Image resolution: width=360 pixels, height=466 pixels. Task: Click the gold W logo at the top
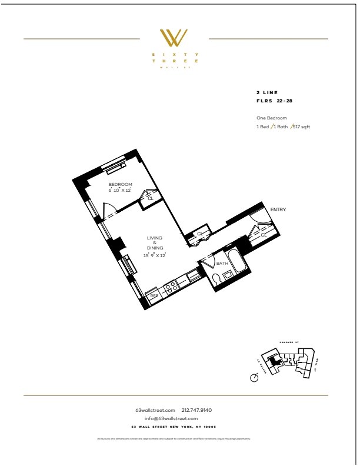175,38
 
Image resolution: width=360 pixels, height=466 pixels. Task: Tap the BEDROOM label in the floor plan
120,185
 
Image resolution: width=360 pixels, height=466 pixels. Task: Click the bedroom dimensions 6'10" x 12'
120,191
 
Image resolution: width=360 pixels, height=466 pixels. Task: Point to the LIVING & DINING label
155,242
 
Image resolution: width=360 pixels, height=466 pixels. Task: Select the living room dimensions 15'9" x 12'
155,255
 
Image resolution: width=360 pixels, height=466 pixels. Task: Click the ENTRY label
277,209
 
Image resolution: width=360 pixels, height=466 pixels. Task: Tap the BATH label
222,264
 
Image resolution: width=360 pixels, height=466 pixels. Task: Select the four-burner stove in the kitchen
171,288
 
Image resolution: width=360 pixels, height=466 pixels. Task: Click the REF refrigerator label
154,296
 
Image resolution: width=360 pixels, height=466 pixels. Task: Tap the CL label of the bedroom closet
150,199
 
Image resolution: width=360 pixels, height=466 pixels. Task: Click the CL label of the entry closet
264,235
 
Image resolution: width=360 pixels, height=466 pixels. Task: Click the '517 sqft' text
301,127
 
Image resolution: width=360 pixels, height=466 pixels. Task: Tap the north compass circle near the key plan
254,378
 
